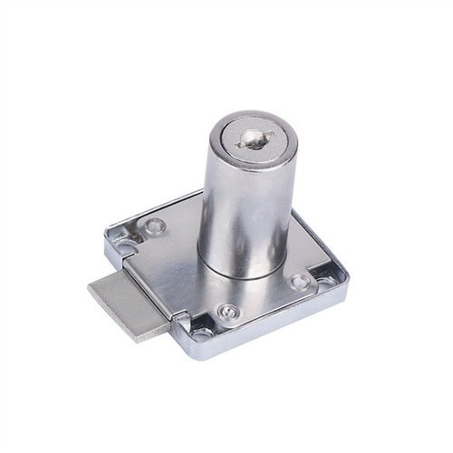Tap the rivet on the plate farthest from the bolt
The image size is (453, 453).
300,282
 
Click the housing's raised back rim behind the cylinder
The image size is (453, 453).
181,203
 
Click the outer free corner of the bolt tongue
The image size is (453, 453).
90,288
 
